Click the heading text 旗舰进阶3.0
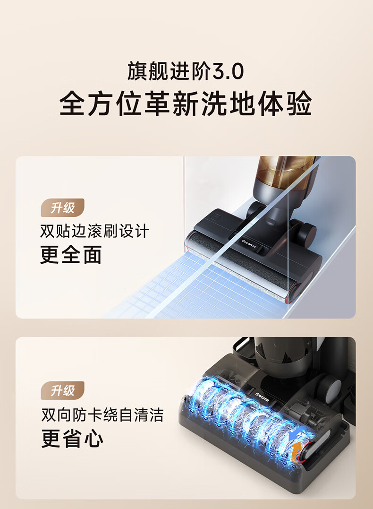tap(186, 71)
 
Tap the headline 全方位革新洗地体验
tap(186, 104)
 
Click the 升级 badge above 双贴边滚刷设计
tap(63, 208)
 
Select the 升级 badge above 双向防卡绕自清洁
tap(63, 390)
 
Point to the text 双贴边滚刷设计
tap(95, 231)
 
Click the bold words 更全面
tap(71, 254)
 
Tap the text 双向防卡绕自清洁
tap(102, 414)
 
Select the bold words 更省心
tap(72, 438)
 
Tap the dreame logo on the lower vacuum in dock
tap(262, 397)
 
